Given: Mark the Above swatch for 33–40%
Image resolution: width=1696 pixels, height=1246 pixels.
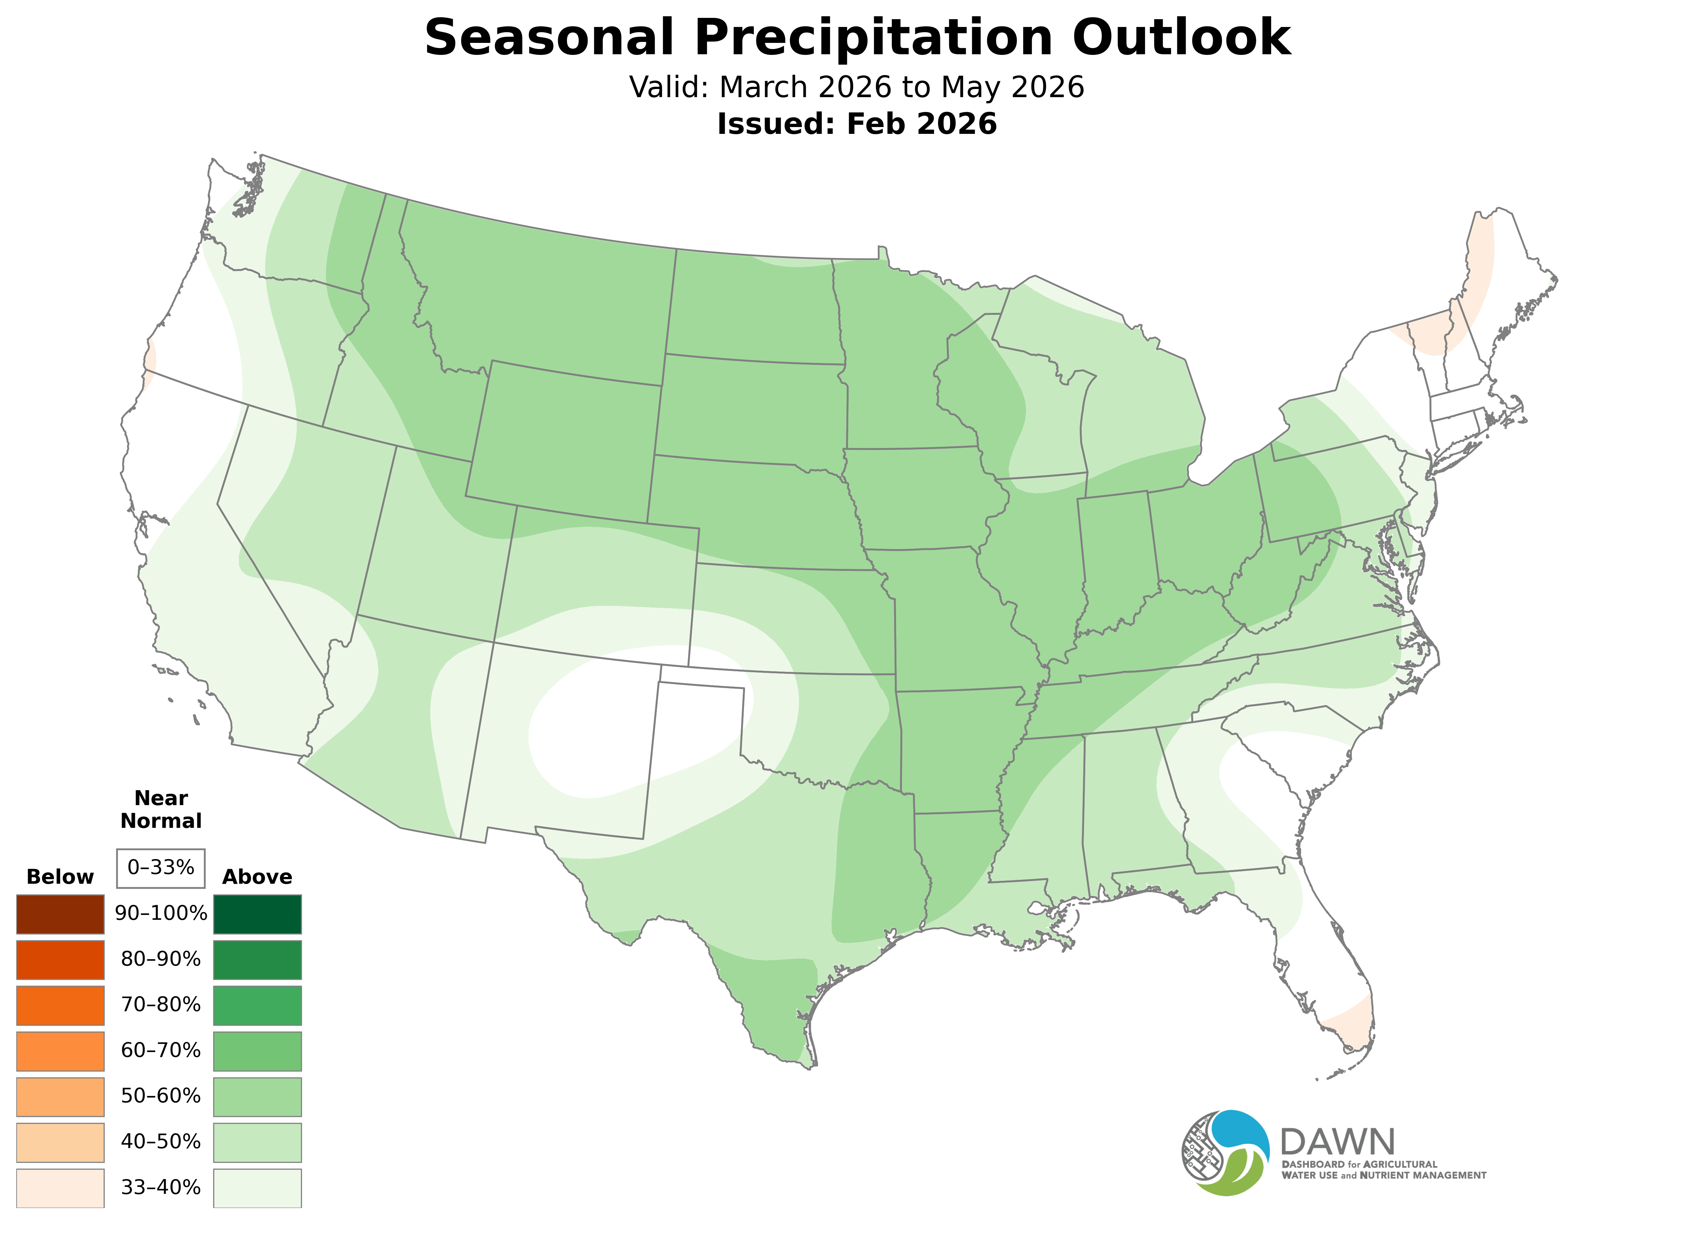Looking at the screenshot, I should [x=257, y=1188].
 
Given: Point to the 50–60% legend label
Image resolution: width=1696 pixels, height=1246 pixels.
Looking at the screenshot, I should [x=161, y=1096].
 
